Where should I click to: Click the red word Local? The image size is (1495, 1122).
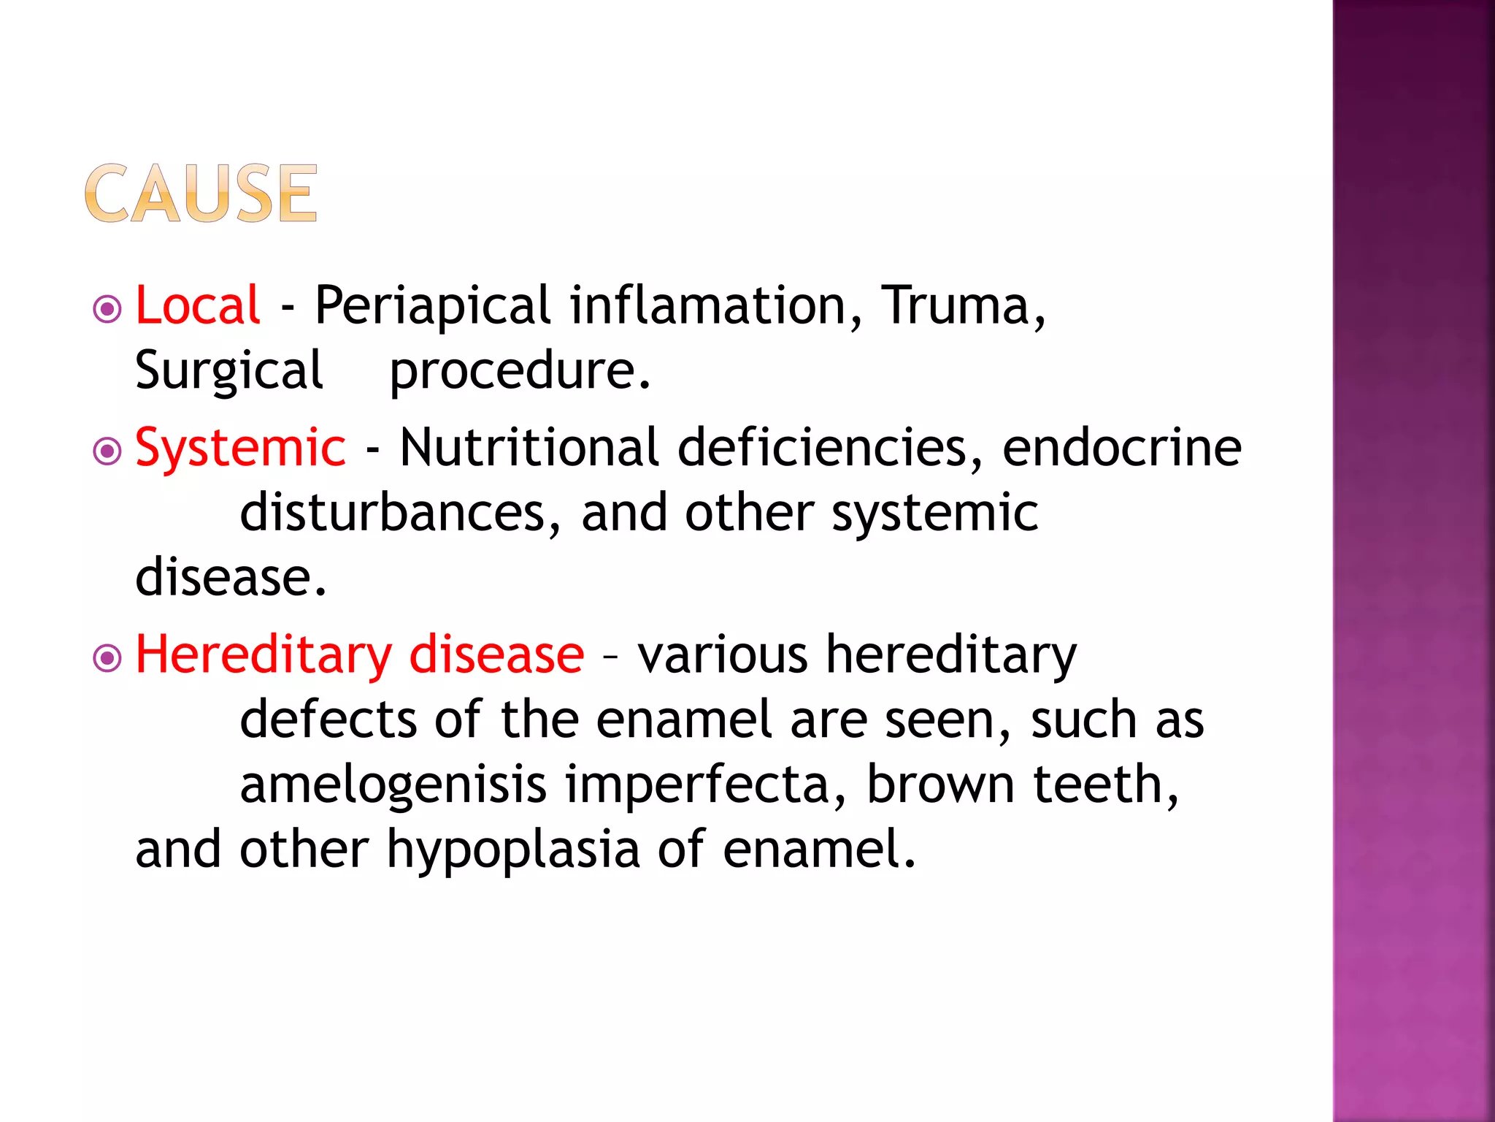[x=197, y=305]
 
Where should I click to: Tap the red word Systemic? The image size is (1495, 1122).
[x=240, y=447]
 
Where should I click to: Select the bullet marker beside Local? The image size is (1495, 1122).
[x=107, y=309]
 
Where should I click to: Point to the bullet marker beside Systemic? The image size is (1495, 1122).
[x=107, y=451]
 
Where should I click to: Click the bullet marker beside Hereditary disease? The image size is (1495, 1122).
[x=107, y=658]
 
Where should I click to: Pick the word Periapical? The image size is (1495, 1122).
[x=432, y=306]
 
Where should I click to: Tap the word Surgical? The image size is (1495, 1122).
[x=228, y=370]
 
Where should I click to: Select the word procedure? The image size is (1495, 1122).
[x=519, y=371]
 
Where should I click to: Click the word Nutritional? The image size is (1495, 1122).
[x=529, y=447]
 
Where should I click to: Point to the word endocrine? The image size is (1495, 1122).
[x=1121, y=447]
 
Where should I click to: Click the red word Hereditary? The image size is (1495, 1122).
[x=264, y=654]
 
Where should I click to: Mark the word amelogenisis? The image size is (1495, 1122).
[x=393, y=785]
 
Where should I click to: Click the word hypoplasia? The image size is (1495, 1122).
[x=512, y=850]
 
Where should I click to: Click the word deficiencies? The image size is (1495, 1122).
[x=830, y=447]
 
